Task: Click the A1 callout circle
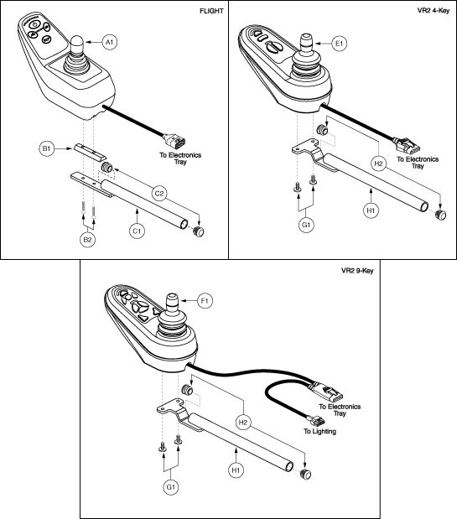[110, 42]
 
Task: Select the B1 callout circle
[46, 149]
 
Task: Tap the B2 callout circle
[87, 240]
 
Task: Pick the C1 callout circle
[137, 231]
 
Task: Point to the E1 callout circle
[340, 44]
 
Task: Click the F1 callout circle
[204, 300]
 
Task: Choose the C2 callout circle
[159, 194]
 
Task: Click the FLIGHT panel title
[211, 11]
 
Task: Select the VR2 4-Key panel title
[434, 11]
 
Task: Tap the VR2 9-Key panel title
[357, 271]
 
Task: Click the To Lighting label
[320, 431]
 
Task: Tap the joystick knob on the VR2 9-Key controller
[172, 302]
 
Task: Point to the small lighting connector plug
[317, 421]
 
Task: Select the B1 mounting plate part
[90, 152]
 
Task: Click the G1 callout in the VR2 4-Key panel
[306, 225]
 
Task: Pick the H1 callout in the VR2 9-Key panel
[236, 470]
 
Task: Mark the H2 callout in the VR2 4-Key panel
[378, 163]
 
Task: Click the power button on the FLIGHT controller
[34, 24]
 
